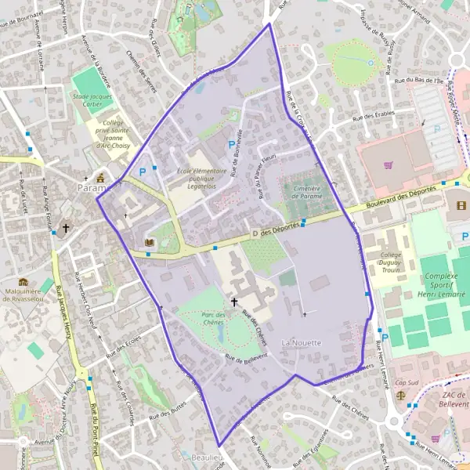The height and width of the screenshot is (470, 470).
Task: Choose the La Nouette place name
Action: (302, 343)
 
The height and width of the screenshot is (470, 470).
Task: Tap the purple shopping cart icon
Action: (389, 164)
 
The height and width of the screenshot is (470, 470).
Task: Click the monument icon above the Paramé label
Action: (99, 177)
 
